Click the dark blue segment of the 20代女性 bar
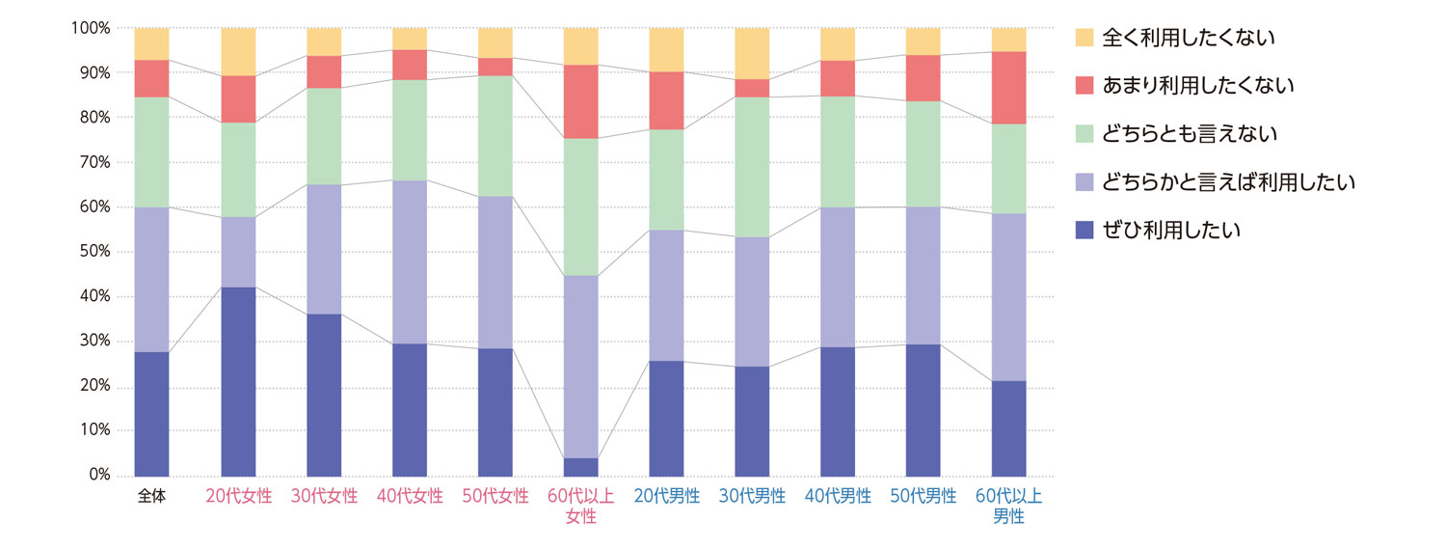(238, 381)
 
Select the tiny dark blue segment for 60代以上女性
(581, 467)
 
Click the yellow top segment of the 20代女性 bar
(238, 51)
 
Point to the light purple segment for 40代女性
(410, 261)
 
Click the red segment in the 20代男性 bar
(666, 100)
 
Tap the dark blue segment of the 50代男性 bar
(924, 410)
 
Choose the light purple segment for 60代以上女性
(581, 367)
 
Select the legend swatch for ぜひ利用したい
(1084, 231)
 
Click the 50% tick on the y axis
(94, 252)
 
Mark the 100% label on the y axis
(90, 28)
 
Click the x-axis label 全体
(152, 497)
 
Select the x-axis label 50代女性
(495, 497)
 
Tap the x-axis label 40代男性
(838, 497)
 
